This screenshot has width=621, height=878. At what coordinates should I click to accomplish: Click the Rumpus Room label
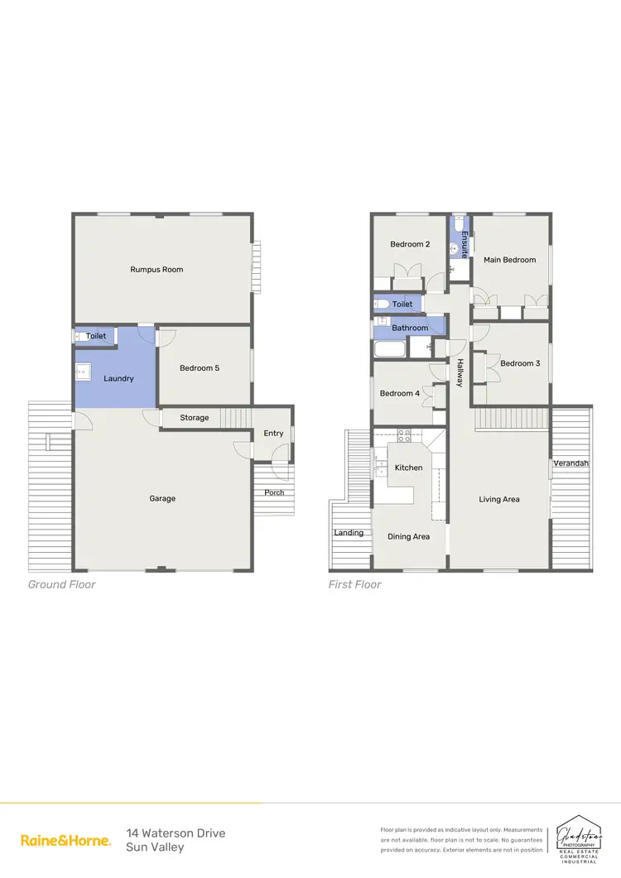tap(156, 269)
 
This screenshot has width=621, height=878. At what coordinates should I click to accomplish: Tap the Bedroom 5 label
tap(200, 368)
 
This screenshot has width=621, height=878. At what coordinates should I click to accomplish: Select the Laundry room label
tap(118, 378)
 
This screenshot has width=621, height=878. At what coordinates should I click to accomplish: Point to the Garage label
tap(162, 498)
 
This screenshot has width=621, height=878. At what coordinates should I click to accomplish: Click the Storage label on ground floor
tap(195, 418)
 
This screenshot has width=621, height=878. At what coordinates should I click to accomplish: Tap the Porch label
tap(274, 492)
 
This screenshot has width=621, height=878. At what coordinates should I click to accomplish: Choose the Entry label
tap(273, 433)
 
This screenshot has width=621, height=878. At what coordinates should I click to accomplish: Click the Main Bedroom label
tap(509, 260)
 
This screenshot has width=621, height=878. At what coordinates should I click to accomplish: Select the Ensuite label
tap(465, 244)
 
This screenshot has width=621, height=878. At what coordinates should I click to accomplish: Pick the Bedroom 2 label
tap(410, 244)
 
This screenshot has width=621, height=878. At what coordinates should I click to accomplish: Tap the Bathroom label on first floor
tap(410, 328)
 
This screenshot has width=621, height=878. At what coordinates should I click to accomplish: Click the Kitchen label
tap(408, 468)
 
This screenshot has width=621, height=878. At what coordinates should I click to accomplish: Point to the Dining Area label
tap(408, 536)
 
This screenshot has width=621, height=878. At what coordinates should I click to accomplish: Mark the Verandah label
tap(570, 463)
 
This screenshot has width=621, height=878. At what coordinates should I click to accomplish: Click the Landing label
tap(349, 533)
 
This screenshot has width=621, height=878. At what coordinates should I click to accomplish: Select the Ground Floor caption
tap(62, 584)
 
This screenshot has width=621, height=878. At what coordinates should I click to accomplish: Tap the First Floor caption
tap(354, 584)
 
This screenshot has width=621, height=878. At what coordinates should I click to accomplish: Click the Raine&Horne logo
tap(65, 840)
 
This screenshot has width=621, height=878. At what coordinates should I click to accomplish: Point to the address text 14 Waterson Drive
tap(176, 833)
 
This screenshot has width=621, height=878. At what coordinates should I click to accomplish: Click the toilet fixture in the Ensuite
tap(458, 223)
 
